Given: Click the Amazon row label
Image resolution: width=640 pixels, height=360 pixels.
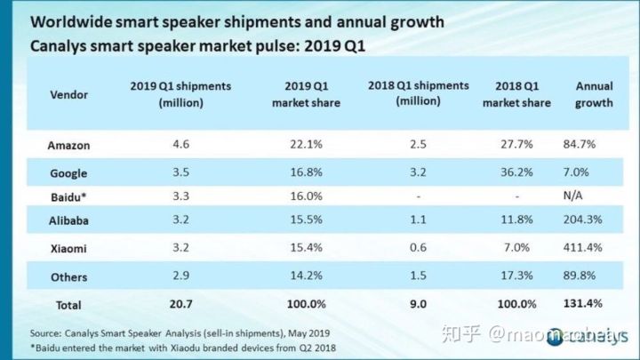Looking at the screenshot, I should (x=68, y=144).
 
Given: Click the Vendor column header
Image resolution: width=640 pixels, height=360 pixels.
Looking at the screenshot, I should (x=68, y=93).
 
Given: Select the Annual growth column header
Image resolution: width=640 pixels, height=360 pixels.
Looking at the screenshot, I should (x=594, y=94).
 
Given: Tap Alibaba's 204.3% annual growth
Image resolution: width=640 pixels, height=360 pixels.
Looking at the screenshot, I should (x=581, y=222).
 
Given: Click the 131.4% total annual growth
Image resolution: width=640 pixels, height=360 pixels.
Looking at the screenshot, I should (x=581, y=304).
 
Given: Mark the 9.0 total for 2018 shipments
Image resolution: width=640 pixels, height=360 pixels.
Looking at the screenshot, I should (x=418, y=304).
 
